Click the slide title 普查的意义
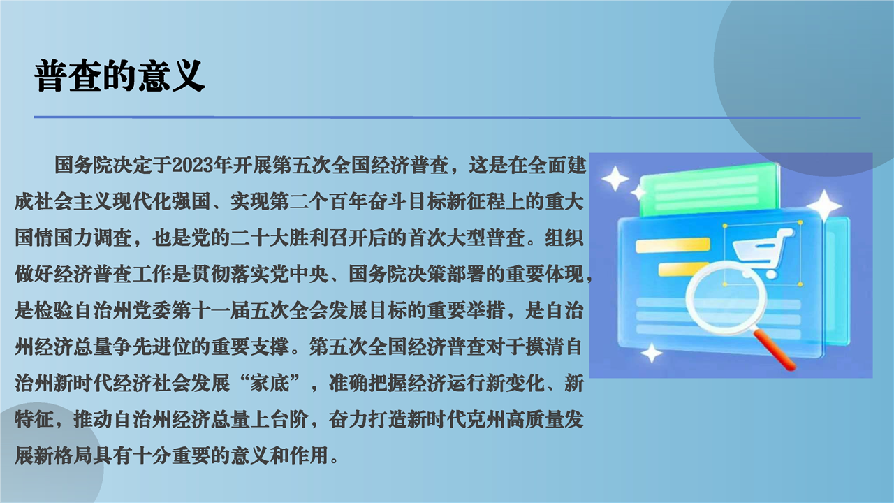pyautogui.click(x=119, y=76)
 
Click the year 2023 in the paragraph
pyautogui.click(x=192, y=165)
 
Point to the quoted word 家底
pyautogui.click(x=270, y=384)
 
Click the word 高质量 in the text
pyautogui.click(x=535, y=420)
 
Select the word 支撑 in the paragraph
pyautogui.click(x=270, y=347)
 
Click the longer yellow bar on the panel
pyautogui.click(x=673, y=245)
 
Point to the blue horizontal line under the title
pyautogui.click(x=447, y=117)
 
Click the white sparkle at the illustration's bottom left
pyautogui.click(x=652, y=353)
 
